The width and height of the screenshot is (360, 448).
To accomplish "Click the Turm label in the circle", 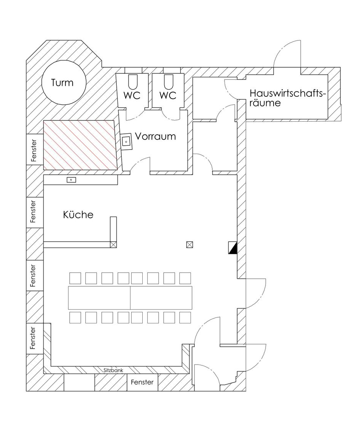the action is [x=62, y=83].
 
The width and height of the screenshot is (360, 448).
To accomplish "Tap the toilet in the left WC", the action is [x=132, y=82].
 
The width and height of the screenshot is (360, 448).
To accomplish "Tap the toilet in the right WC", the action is [x=168, y=82].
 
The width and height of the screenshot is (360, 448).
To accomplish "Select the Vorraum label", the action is [x=155, y=136].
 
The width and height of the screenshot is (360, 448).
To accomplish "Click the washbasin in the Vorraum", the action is [x=126, y=141].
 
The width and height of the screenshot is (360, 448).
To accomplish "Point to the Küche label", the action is [x=78, y=214].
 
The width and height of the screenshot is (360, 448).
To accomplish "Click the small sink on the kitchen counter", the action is [x=71, y=180].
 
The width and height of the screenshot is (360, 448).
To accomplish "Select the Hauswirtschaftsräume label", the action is [x=288, y=98].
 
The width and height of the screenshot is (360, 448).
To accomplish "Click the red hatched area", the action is [x=80, y=145].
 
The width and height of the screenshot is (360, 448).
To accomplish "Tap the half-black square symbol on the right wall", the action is [x=233, y=248].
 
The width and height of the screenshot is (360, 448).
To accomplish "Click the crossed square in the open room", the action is [x=189, y=245].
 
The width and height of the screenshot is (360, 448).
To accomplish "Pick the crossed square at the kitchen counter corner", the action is [x=114, y=245].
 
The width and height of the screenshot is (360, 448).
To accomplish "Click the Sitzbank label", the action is [x=114, y=370].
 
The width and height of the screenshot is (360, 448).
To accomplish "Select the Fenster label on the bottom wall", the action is [x=142, y=382].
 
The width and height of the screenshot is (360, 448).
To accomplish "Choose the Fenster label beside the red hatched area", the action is [x=34, y=151].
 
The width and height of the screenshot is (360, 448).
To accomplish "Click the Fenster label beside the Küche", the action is [x=33, y=211].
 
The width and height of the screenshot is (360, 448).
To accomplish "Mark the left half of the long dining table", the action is [x=99, y=297].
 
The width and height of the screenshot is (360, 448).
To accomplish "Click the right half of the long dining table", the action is [x=161, y=297].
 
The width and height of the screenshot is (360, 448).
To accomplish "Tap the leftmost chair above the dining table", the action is [x=75, y=278].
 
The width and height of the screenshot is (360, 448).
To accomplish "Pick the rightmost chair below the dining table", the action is [x=185, y=317].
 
